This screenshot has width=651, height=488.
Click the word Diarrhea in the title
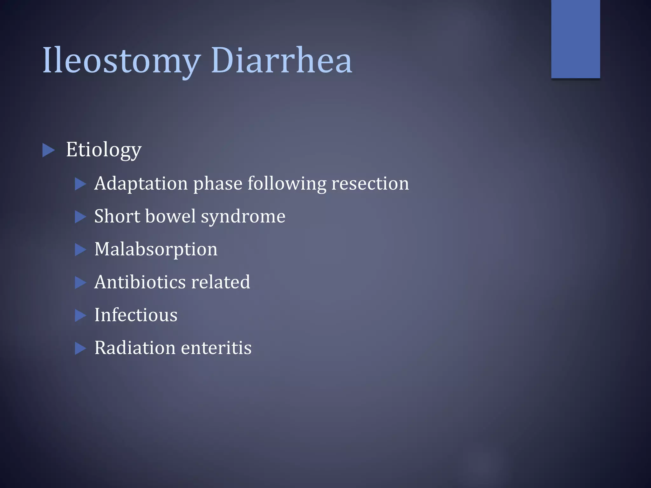(x=281, y=60)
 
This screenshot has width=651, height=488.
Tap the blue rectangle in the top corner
(x=575, y=39)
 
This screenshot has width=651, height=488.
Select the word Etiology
(x=104, y=150)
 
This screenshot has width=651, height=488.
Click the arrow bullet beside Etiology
(x=48, y=150)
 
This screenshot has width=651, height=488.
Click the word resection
(x=370, y=184)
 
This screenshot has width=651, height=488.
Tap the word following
(x=287, y=184)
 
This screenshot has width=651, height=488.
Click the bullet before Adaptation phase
(x=80, y=184)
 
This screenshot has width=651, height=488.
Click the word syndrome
(x=243, y=217)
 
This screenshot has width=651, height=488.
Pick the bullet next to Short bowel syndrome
(x=80, y=217)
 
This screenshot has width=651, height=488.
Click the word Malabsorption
(x=156, y=249)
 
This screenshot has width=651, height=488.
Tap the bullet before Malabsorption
(x=80, y=250)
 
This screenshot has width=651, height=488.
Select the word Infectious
(x=136, y=315)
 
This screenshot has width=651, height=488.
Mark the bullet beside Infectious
(x=80, y=315)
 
